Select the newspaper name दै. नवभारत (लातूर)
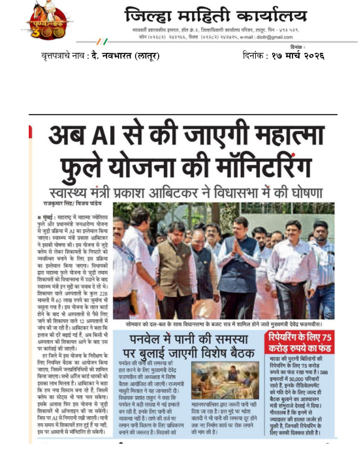tap(127, 55)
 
